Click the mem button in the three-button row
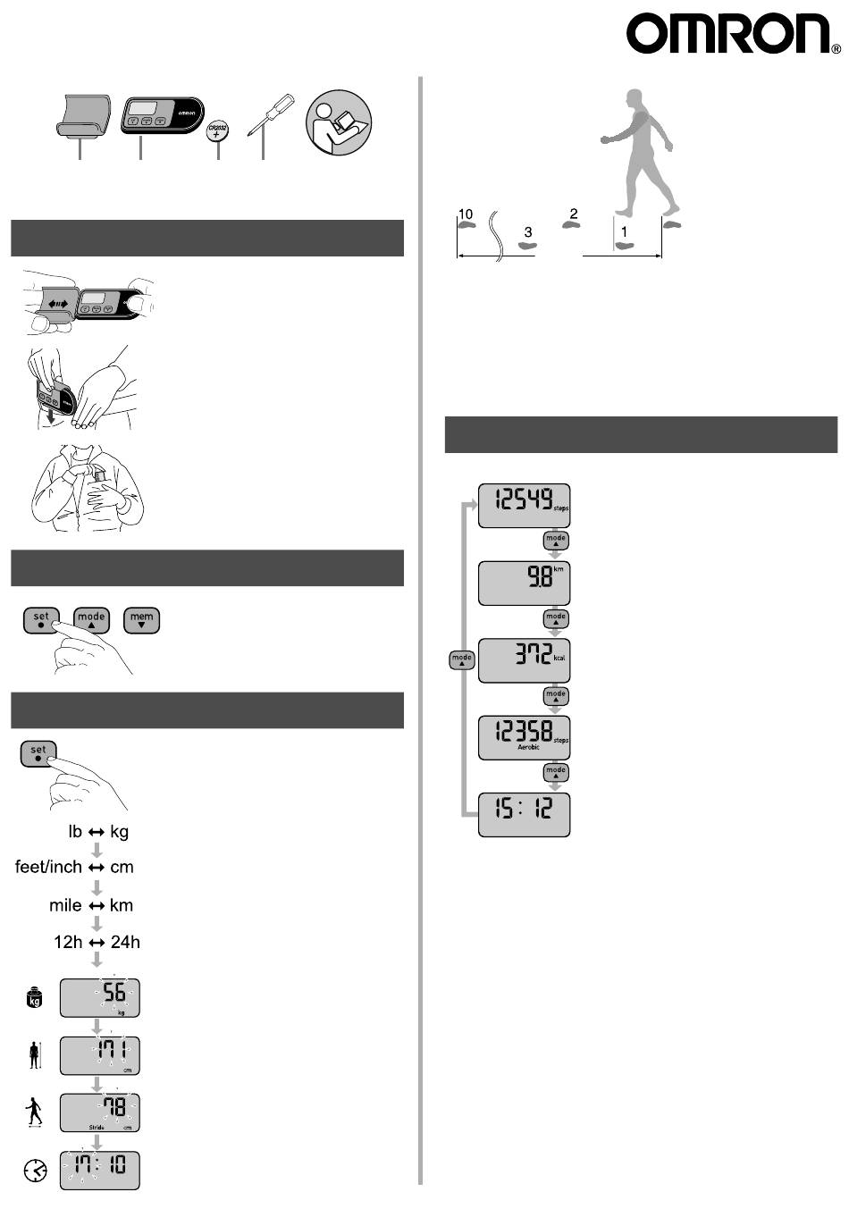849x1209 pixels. [x=142, y=620]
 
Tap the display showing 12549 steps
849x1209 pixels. [x=524, y=506]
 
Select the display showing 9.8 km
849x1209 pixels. [x=524, y=583]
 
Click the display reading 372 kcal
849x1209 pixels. [x=524, y=660]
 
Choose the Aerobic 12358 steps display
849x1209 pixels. [x=524, y=737]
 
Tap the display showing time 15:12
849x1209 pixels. [x=524, y=814]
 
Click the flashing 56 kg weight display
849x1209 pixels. [x=100, y=997]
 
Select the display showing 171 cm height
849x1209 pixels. [x=100, y=1054]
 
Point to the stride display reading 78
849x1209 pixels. [x=100, y=1112]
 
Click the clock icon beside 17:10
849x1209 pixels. [x=35, y=1170]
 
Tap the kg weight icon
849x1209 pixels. [x=35, y=998]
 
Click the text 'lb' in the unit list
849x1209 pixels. [x=75, y=832]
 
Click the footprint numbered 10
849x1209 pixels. [x=466, y=226]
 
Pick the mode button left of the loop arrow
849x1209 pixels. [x=461, y=660]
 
